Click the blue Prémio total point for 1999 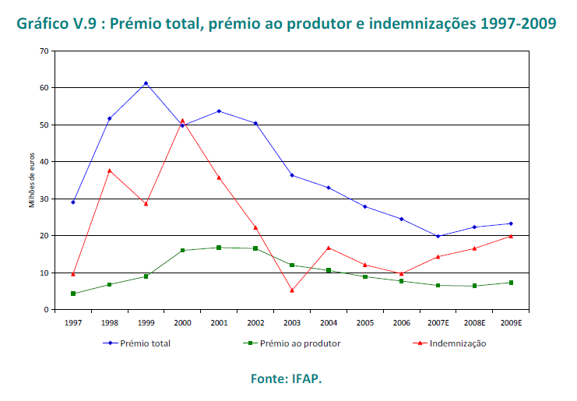click(146, 83)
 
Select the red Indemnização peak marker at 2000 click(182, 121)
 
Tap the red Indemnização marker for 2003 click(292, 290)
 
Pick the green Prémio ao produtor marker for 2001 click(219, 248)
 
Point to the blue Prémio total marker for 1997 click(73, 202)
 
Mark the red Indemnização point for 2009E click(511, 236)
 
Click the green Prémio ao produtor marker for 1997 click(73, 294)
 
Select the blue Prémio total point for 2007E click(438, 236)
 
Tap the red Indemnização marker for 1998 click(110, 170)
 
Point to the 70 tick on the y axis click(44, 51)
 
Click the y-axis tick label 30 click(44, 199)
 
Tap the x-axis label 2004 click(328, 321)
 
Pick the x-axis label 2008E click(474, 321)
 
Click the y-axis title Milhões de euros click(32, 180)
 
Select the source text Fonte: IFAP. click(286, 379)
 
